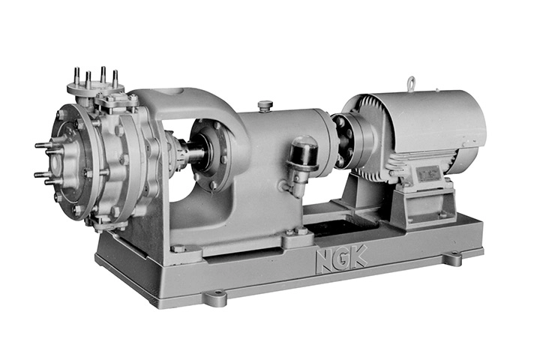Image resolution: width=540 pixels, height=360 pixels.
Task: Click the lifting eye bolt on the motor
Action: click(x=411, y=82)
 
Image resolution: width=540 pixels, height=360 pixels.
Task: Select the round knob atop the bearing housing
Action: click(x=265, y=104)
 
